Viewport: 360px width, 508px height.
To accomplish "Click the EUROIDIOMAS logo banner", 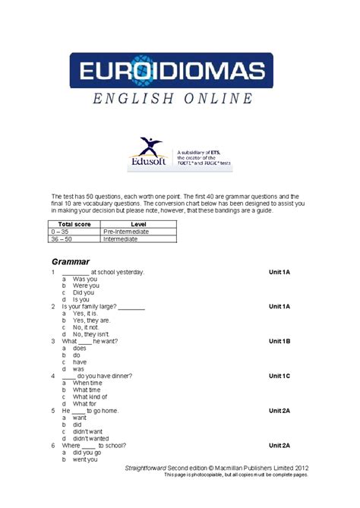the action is point(172,73).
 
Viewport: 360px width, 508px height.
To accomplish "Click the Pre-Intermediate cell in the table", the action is point(126,232).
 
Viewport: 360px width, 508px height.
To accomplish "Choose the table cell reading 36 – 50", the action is point(62,239).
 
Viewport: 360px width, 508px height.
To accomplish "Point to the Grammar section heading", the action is point(71,261).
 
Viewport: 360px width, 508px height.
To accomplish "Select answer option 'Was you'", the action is point(86,279).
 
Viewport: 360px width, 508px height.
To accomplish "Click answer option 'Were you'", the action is point(86,286).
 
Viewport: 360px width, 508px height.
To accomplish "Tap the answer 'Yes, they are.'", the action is point(92,320).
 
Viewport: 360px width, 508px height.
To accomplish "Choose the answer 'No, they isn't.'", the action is point(91,334).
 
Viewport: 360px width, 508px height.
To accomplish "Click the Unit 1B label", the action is point(279,341).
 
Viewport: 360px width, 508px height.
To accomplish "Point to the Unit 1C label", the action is point(279,376).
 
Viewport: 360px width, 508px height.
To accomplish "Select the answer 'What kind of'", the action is point(90,397).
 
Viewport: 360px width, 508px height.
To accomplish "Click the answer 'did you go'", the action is point(87,453).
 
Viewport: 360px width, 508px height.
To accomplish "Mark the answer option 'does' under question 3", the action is point(80,348).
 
